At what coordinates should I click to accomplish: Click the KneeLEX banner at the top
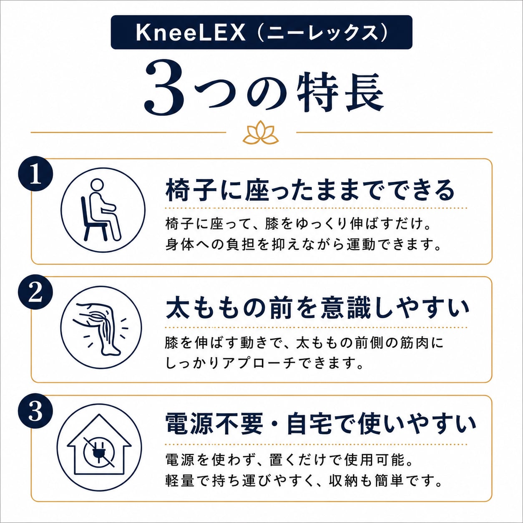(x=261, y=32)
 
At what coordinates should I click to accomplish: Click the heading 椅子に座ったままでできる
(x=310, y=190)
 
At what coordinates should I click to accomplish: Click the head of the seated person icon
(x=97, y=185)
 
